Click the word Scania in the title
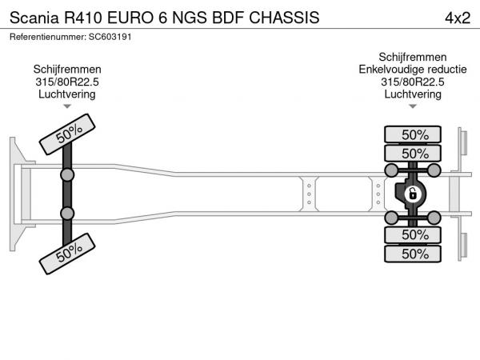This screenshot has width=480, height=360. (x=37, y=17)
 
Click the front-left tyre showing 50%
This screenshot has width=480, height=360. (x=70, y=134)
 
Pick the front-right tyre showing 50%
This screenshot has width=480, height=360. (x=69, y=254)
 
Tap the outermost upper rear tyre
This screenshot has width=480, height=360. (x=414, y=134)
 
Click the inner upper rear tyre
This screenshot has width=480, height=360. (x=414, y=154)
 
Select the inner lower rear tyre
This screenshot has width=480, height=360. (x=414, y=235)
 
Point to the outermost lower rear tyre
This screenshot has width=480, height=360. (x=414, y=254)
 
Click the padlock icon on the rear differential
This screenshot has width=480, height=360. (x=413, y=194)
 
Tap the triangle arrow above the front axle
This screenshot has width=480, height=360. (x=67, y=106)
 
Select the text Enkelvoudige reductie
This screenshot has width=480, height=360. (x=413, y=70)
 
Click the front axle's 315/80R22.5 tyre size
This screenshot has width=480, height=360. (x=67, y=82)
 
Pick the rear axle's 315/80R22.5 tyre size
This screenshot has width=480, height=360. (x=413, y=82)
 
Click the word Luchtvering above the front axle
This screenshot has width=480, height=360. (x=67, y=94)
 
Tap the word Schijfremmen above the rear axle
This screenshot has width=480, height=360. (x=413, y=57)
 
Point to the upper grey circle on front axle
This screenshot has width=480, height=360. (x=67, y=174)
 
